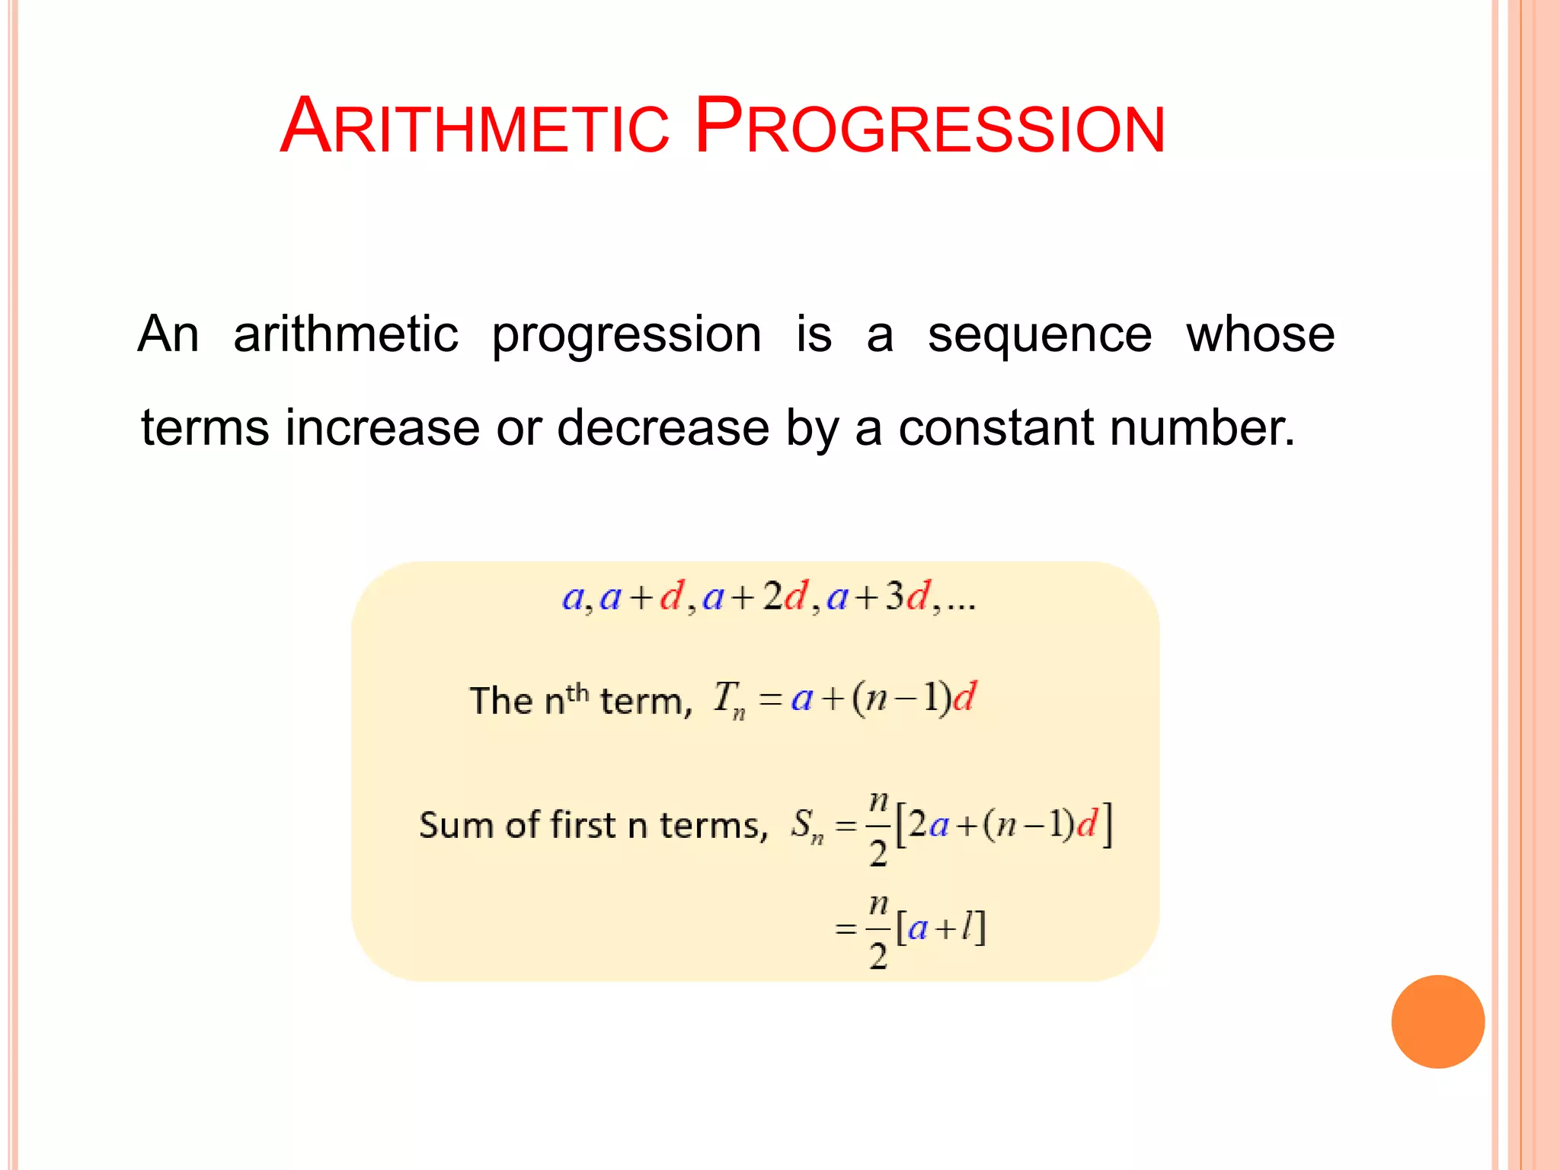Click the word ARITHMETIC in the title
click(475, 126)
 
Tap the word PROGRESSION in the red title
click(929, 126)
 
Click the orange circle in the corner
click(1437, 1021)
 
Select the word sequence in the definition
click(1040, 335)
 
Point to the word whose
click(1260, 335)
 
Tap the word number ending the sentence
click(1201, 427)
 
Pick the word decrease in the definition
click(663, 427)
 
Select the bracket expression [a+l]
click(941, 928)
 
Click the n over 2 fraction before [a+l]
click(878, 930)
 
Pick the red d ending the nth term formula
click(964, 697)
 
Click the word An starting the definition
click(168, 335)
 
